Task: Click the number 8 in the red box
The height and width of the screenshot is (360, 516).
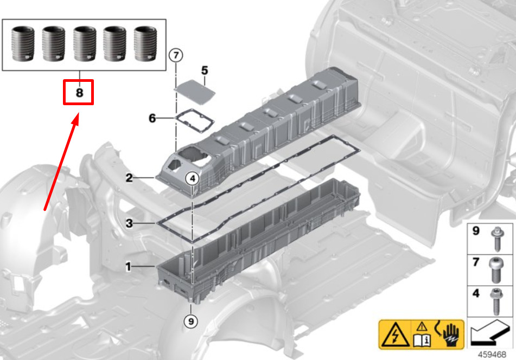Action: [x=79, y=92]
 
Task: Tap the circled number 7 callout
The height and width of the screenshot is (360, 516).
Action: [x=176, y=55]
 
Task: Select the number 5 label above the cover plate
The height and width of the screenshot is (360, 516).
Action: [x=205, y=70]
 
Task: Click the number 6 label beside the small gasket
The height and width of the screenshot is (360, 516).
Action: [x=152, y=118]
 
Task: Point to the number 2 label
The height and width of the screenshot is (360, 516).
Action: [x=129, y=178]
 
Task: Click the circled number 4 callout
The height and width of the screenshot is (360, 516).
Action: [x=193, y=178]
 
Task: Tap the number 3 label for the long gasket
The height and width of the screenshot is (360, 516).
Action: [x=129, y=223]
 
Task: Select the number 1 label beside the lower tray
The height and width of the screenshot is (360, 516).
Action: [x=129, y=267]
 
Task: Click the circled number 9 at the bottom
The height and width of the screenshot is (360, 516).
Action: [x=191, y=320]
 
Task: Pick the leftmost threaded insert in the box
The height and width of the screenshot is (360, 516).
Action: [x=23, y=44]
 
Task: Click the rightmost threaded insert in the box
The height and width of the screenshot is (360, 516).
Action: [x=145, y=44]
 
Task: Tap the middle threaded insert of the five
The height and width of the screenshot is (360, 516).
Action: [x=85, y=44]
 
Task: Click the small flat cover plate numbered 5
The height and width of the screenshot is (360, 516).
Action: [x=194, y=90]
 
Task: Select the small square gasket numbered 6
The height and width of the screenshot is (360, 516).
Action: [x=194, y=121]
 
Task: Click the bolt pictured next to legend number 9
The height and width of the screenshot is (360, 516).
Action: [x=495, y=239]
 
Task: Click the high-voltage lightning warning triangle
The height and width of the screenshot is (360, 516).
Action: [x=395, y=335]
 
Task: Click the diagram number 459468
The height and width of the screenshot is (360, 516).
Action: [x=492, y=355]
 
